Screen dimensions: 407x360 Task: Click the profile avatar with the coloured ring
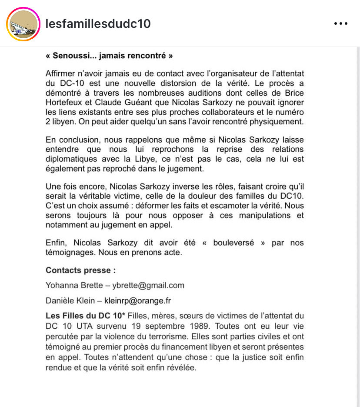pyautogui.click(x=23, y=24)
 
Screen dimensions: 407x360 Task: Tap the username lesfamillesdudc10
pyautogui.click(x=98, y=23)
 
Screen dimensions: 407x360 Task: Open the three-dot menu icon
pyautogui.click(x=340, y=24)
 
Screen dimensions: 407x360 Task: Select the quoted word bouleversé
pyautogui.click(x=233, y=243)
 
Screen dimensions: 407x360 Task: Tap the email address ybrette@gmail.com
pyautogui.click(x=148, y=285)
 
